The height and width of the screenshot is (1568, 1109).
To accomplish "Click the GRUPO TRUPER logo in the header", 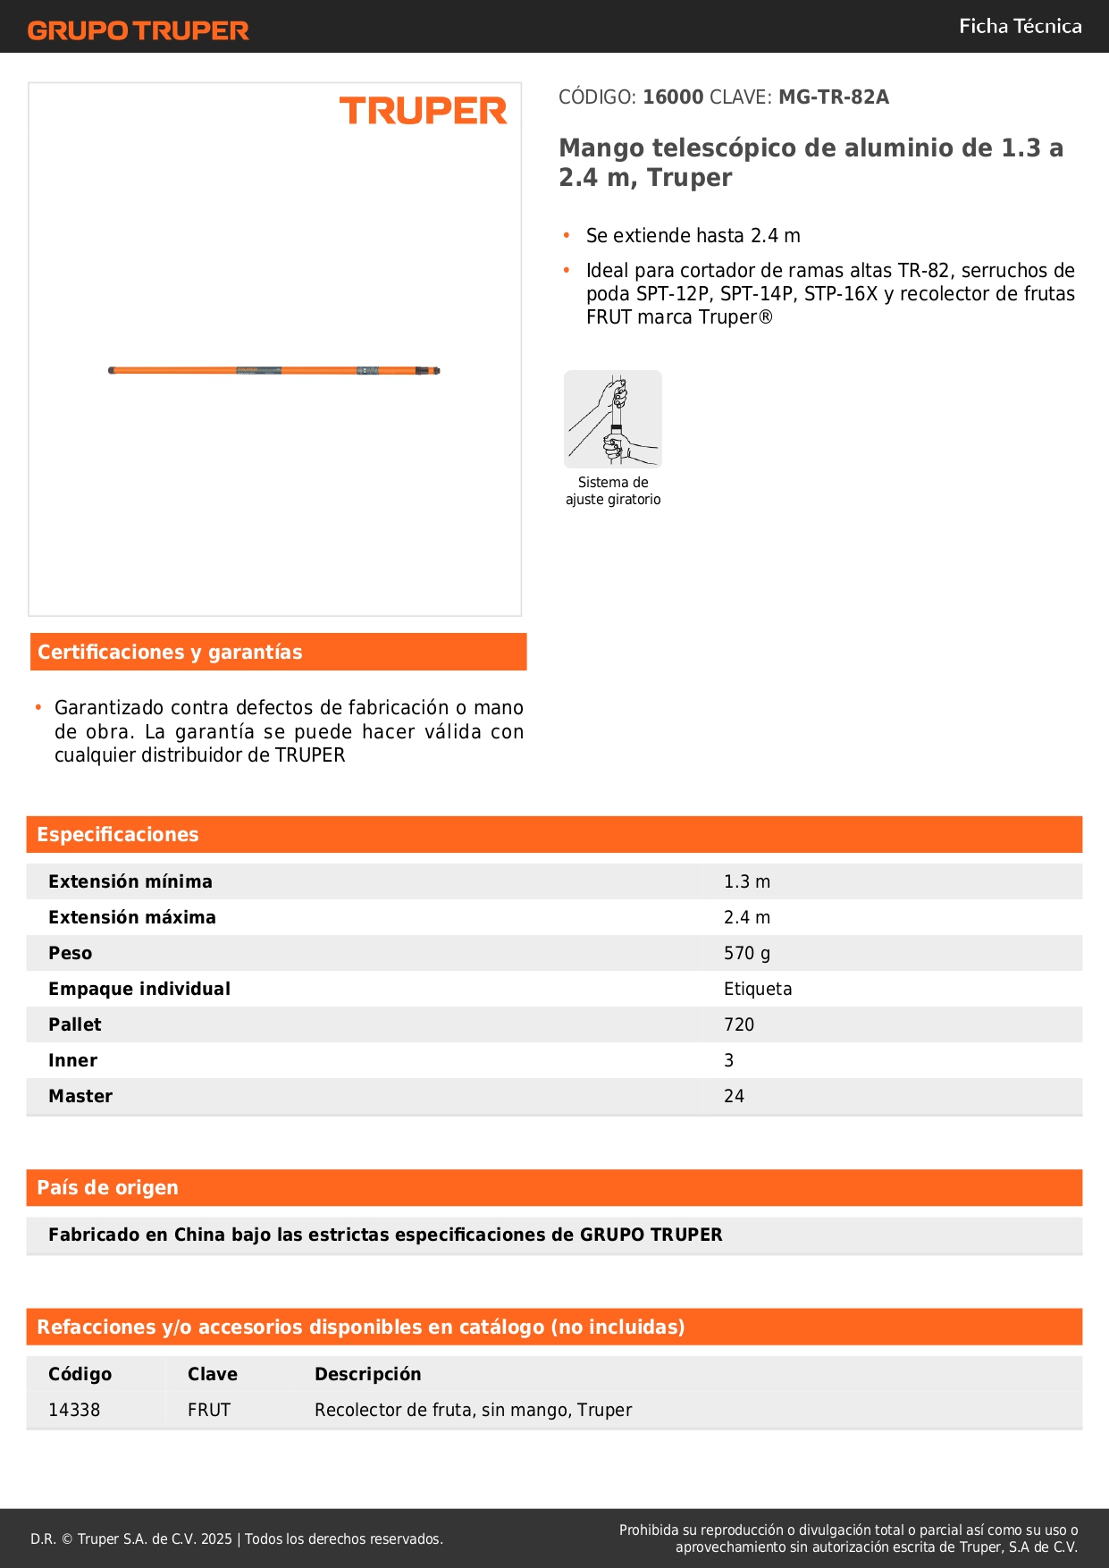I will coord(139,30).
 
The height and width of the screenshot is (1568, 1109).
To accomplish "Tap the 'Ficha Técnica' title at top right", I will coord(1020,26).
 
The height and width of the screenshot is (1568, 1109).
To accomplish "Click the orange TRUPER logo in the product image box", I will coord(423,111).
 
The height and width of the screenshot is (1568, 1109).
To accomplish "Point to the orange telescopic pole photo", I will coord(273,370).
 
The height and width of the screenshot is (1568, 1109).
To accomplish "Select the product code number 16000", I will coord(673,97).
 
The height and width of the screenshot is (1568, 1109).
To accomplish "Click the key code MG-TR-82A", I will coord(833,97).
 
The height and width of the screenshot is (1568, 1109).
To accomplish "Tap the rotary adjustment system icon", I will coord(613,419).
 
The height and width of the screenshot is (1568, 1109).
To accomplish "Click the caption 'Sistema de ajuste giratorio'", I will coord(613,491).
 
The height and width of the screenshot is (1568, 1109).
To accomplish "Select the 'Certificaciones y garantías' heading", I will coord(170,653).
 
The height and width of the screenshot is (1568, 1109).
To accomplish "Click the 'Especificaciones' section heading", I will coord(118,835).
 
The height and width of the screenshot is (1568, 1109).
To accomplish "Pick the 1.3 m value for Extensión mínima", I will coord(746,881).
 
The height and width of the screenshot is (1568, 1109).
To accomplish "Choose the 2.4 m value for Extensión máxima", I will coord(746,917).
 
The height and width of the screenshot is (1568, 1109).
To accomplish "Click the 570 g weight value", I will coord(746,953).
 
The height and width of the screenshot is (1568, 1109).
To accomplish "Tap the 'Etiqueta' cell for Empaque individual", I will coord(758,989).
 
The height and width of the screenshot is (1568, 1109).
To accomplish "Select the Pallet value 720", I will coord(739,1024).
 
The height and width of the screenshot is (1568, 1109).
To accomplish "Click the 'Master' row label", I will coord(80,1096).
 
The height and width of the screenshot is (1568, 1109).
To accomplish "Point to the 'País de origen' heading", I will coord(107,1188).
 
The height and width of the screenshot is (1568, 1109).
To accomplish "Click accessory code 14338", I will coord(74,1410).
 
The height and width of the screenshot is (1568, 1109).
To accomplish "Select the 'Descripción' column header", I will coord(367,1374).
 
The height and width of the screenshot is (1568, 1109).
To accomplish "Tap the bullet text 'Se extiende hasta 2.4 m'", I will coord(693,236).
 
